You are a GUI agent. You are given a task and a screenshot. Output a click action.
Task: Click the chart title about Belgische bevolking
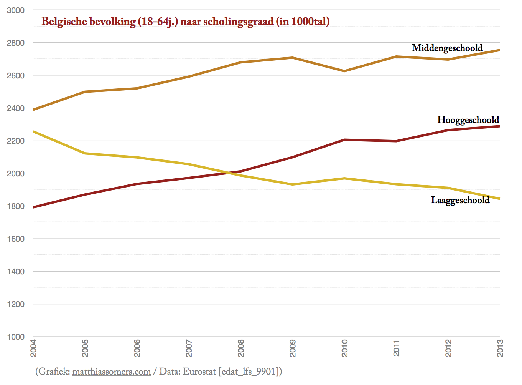pyautogui.click(x=185, y=21)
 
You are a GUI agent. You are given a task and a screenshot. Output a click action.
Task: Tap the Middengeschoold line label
pyautogui.click(x=447, y=48)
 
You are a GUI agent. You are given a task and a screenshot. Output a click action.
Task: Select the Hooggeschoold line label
pyautogui.click(x=468, y=120)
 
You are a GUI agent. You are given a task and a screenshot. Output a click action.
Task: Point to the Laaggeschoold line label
pyautogui.click(x=460, y=200)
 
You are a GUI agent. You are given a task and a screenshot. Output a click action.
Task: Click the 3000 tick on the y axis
pyautogui.click(x=16, y=10)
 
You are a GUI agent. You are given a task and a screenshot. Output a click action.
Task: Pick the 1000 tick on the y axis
pyautogui.click(x=16, y=337)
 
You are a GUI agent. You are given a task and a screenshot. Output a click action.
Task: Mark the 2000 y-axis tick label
pyautogui.click(x=16, y=174)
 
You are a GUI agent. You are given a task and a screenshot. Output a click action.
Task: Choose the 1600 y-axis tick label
pyautogui.click(x=16, y=239)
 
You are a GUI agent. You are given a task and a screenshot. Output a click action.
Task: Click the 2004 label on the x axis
pyautogui.click(x=33, y=348)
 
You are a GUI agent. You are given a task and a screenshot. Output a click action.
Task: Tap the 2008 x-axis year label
pyautogui.click(x=241, y=348)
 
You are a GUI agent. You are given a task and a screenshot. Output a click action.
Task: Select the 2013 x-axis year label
pyautogui.click(x=500, y=348)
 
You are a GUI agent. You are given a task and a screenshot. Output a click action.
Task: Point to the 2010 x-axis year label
pyautogui.click(x=344, y=348)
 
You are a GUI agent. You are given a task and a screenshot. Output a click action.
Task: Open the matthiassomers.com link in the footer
pyautogui.click(x=111, y=372)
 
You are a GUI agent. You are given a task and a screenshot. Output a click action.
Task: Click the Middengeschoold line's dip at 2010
pyautogui.click(x=344, y=71)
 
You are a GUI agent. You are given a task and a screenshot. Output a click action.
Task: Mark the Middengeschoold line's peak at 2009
pyautogui.click(x=293, y=58)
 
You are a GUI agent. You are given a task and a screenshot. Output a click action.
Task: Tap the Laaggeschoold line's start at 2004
pyautogui.click(x=34, y=132)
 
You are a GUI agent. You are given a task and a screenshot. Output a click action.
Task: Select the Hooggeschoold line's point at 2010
pyautogui.click(x=344, y=140)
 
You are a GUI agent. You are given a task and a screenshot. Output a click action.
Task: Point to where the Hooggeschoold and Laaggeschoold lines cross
pyautogui.click(x=229, y=173)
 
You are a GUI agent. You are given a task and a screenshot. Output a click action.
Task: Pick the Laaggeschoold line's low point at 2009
pyautogui.click(x=293, y=184)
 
